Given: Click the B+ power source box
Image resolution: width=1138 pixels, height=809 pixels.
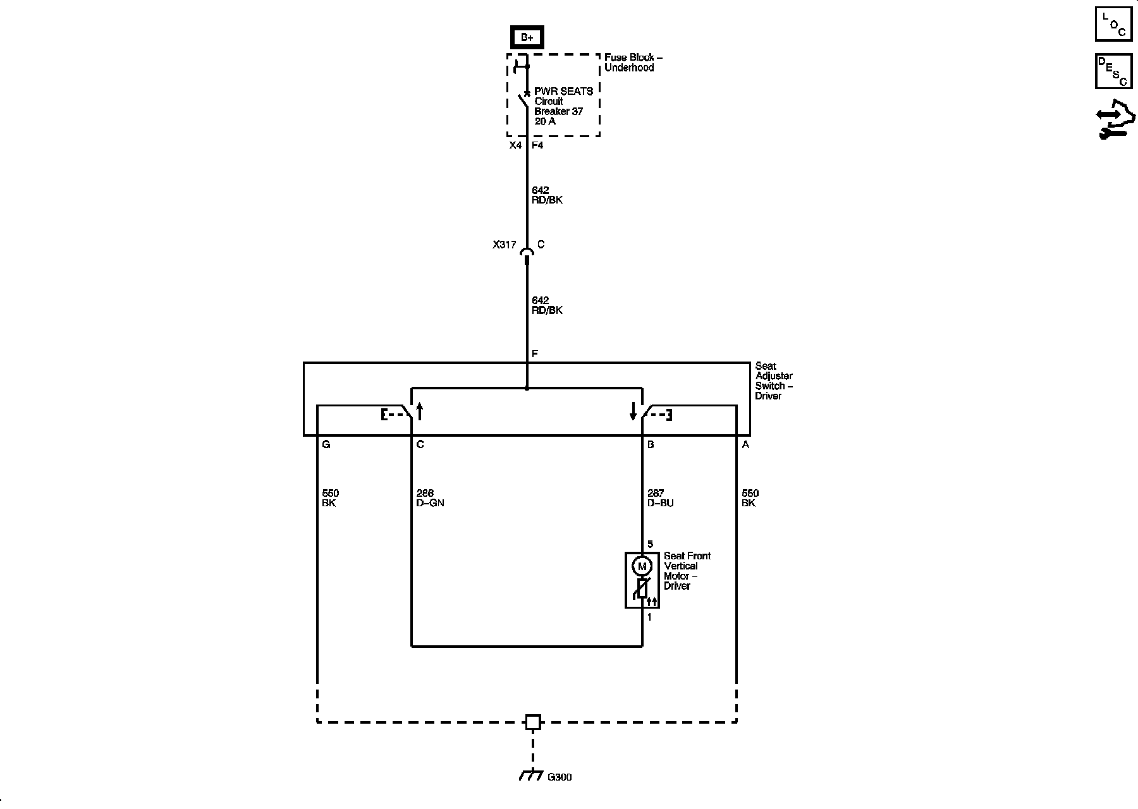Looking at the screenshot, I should tap(527, 38).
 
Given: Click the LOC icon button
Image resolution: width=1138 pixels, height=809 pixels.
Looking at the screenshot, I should tap(1113, 25).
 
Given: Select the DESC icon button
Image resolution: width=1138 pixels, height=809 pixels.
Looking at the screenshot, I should tap(1113, 71).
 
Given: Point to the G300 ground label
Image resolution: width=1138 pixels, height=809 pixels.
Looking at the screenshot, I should tap(560, 777).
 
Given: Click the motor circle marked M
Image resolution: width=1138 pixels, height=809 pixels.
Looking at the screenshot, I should tap(642, 566).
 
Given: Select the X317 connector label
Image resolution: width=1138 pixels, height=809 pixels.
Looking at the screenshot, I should tap(505, 245).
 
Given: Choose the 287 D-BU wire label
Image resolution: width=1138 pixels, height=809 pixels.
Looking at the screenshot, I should tap(661, 498).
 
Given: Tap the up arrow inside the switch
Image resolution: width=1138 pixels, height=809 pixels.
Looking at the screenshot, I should tap(419, 411).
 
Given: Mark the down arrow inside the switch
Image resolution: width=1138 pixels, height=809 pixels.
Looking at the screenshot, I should tap(633, 411).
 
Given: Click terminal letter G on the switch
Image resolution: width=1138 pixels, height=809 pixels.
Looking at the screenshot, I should tap(326, 445).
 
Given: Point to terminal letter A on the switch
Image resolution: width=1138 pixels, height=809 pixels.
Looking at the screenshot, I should tap(745, 445).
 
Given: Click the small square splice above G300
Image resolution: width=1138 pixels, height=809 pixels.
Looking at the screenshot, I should tap(533, 722).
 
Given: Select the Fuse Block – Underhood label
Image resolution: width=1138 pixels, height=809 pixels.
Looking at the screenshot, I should tap(633, 63).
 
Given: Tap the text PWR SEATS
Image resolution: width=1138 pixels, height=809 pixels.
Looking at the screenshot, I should tap(563, 91).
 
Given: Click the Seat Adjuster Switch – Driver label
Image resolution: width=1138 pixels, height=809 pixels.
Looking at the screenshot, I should tap(774, 380).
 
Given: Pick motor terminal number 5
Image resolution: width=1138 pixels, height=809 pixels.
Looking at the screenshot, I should tap(651, 544).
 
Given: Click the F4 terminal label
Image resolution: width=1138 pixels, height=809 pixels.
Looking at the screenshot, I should tap(537, 145).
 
